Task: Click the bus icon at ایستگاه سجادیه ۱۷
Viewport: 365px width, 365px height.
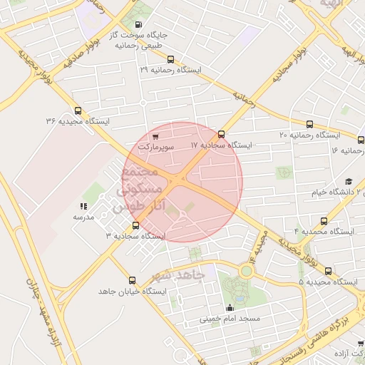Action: click(221, 134)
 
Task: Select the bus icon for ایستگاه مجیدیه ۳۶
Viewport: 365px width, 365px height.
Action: click(78, 110)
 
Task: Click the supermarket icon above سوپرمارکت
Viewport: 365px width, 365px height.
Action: click(155, 135)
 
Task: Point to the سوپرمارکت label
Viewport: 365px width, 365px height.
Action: click(155, 145)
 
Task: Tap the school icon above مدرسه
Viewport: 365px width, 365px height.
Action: click(83, 207)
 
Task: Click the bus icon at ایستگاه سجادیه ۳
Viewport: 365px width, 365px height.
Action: click(135, 226)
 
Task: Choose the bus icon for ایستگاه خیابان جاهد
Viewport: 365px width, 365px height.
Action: click(131, 280)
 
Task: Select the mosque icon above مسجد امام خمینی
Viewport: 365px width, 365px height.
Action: click(229, 308)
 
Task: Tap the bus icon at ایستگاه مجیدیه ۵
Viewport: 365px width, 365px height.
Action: click(328, 271)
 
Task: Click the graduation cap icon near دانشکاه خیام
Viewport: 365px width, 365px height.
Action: click(349, 181)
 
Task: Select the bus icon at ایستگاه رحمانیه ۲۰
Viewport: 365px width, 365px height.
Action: click(309, 124)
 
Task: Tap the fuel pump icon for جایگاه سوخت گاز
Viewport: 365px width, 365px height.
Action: click(138, 24)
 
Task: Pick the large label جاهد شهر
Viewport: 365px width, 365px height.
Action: click(179, 274)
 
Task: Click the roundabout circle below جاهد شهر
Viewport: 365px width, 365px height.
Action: click(246, 271)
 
